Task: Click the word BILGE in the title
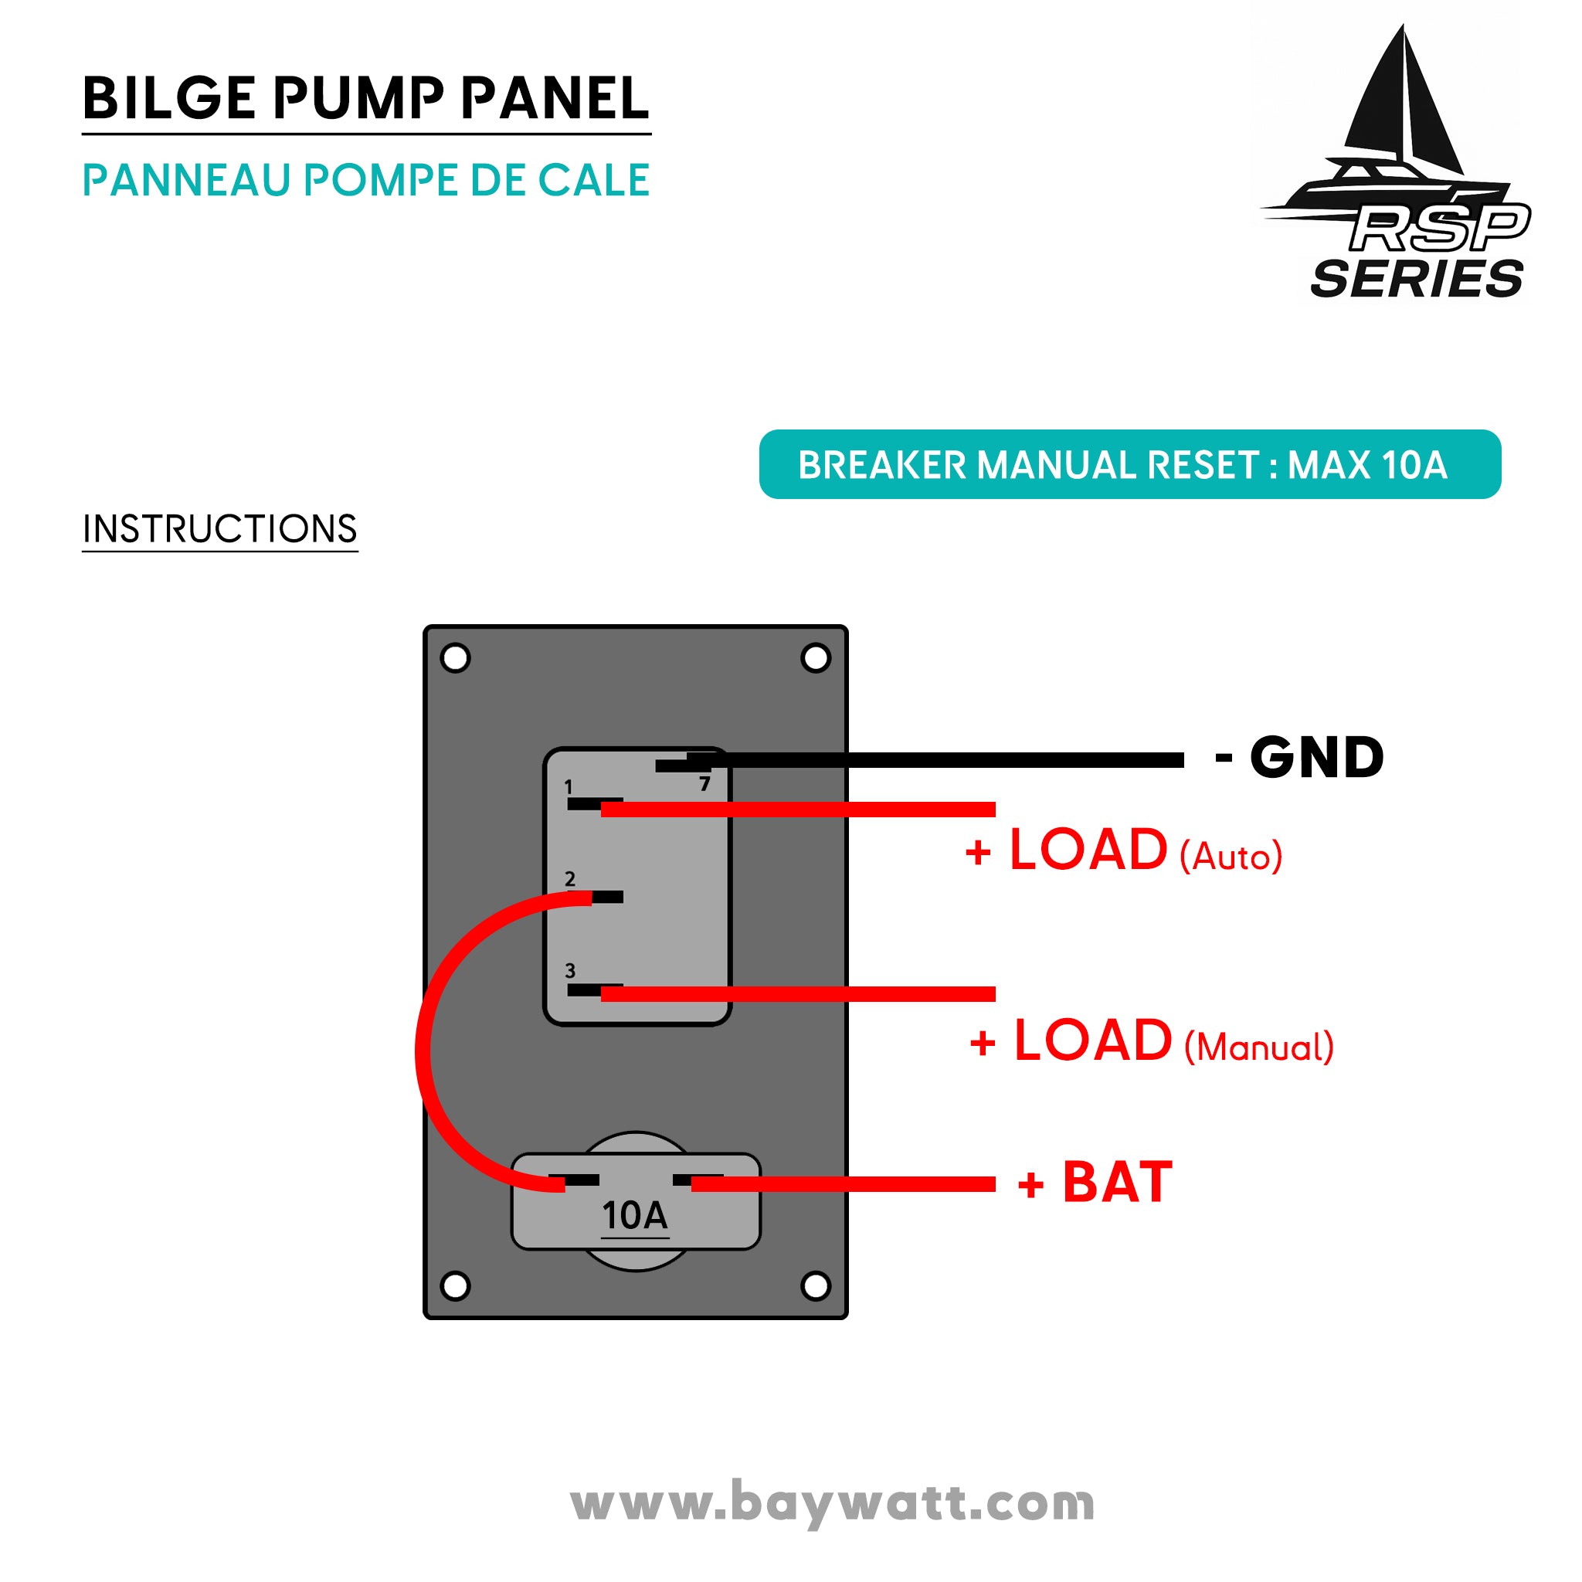point(168,99)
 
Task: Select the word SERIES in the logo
point(1417,279)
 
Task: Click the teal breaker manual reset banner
point(1129,464)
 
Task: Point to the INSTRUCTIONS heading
point(219,529)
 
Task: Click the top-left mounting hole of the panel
point(455,657)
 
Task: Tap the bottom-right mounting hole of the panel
point(816,1285)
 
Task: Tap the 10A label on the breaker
point(635,1216)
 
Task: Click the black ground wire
point(942,761)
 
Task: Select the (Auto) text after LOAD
point(1230,857)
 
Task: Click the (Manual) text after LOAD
point(1258,1047)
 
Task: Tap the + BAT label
point(1095,1183)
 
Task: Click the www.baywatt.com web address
point(832,1503)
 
